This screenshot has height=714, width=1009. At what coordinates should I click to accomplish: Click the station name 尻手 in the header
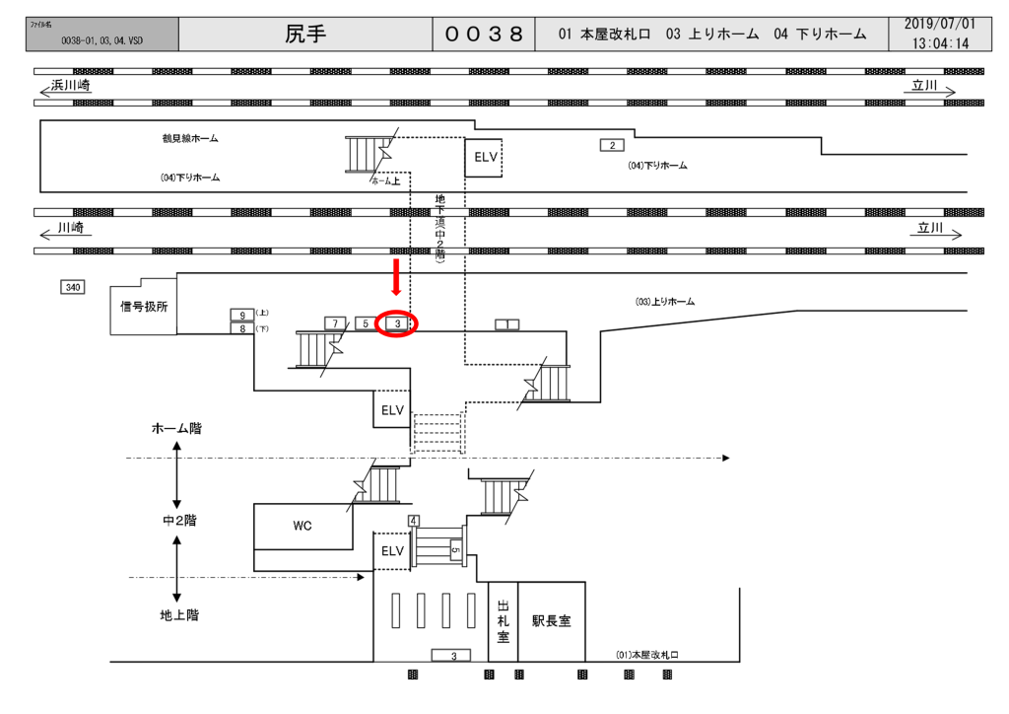(305, 34)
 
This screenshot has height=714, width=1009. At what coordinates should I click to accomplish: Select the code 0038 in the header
(484, 34)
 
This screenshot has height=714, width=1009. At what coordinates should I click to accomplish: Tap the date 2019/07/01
(939, 24)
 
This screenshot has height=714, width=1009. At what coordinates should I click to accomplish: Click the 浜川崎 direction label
(72, 88)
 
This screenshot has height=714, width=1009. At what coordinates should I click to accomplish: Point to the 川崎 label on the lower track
(70, 227)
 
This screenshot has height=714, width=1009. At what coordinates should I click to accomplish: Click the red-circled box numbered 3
(397, 323)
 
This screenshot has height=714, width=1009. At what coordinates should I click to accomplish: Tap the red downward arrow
(396, 277)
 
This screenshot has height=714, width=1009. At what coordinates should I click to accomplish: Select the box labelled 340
(72, 287)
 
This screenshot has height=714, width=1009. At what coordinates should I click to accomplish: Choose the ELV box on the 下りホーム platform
(484, 158)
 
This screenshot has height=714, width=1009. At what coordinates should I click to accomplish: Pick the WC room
(303, 526)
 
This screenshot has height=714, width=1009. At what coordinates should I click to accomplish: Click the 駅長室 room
(551, 621)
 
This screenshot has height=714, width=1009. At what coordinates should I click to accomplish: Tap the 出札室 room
(503, 621)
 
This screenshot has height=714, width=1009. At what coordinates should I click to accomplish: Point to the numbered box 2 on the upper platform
(612, 146)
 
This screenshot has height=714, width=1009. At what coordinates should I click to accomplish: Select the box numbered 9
(242, 315)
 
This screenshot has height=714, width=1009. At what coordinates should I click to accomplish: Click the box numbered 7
(336, 323)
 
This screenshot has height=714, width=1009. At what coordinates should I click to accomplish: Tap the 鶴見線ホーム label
(190, 139)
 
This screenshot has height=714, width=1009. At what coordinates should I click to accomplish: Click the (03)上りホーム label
(664, 301)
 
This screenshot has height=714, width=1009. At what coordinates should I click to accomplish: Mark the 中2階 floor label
(179, 520)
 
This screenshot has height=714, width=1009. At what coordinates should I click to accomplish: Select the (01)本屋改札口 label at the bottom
(647, 654)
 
